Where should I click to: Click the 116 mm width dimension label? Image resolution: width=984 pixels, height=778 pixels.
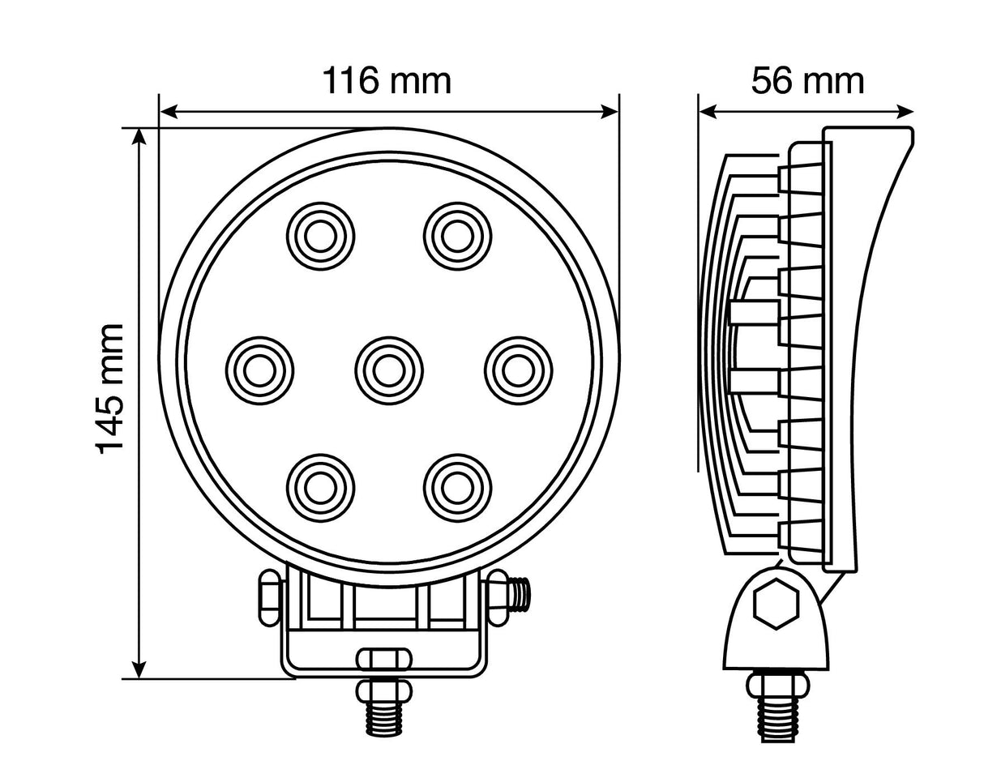click(387, 81)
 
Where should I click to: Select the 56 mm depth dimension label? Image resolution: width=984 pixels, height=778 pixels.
click(807, 81)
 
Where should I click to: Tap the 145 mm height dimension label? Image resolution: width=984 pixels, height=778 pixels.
click(111, 388)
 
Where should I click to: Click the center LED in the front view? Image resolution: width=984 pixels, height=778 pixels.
click(388, 370)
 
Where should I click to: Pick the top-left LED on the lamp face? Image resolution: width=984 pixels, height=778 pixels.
click(320, 236)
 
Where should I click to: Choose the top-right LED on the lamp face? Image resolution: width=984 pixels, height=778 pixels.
click(456, 236)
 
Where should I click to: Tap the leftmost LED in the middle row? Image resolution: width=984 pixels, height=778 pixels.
click(257, 370)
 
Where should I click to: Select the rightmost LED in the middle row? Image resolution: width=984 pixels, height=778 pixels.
click(518, 370)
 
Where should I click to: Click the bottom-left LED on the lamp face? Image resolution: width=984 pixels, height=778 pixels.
click(320, 486)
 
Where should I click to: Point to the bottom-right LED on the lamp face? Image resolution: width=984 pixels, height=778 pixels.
click(456, 486)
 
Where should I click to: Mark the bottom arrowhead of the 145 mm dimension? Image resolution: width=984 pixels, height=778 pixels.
click(139, 669)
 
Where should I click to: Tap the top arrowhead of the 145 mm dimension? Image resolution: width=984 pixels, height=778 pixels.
click(139, 138)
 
